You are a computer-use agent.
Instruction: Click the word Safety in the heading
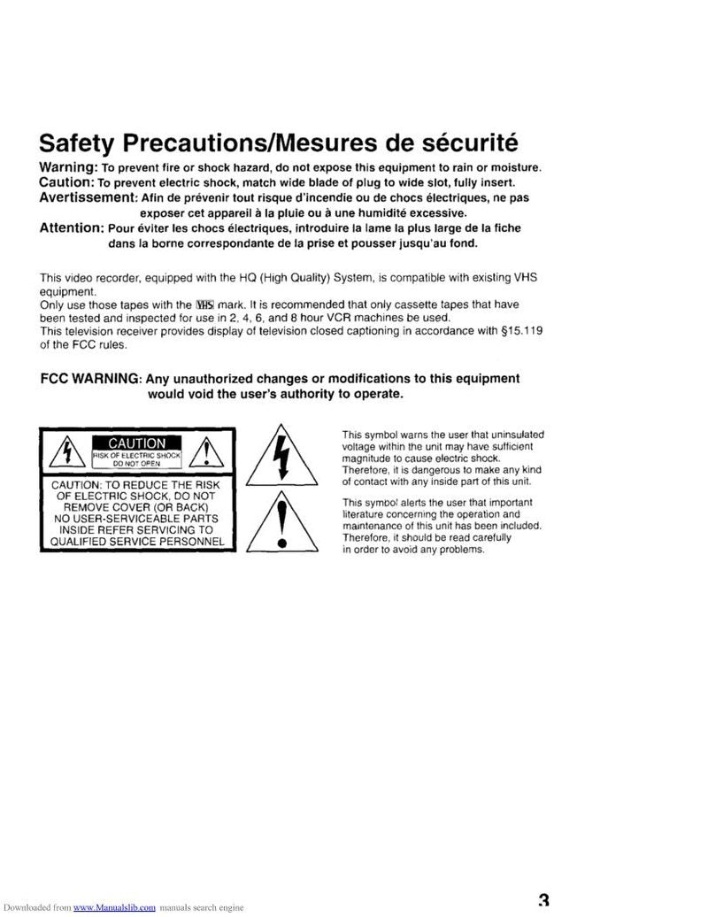click(79, 143)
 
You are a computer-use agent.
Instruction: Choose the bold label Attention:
click(73, 227)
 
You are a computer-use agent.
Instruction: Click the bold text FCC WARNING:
click(90, 379)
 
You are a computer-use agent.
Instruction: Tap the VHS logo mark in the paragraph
click(203, 304)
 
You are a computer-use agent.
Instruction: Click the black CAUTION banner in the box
click(137, 443)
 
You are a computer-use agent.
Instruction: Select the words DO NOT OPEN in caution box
click(136, 464)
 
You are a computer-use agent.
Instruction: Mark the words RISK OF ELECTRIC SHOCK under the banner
click(136, 456)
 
